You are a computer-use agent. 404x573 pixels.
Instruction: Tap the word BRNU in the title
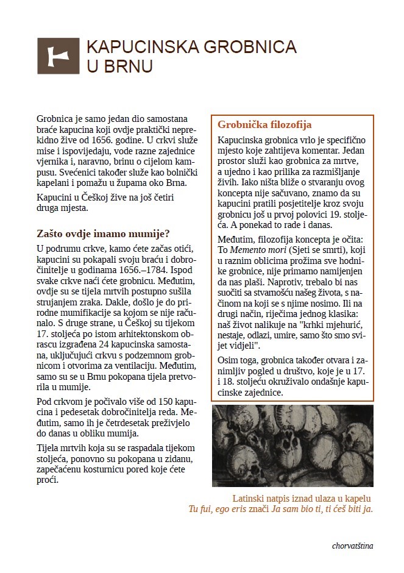(x=129, y=65)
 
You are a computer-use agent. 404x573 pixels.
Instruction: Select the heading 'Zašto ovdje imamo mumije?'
(x=102, y=233)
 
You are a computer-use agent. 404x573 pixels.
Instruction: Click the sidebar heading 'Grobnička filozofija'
(x=264, y=125)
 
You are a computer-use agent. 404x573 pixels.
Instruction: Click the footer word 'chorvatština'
(x=353, y=546)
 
